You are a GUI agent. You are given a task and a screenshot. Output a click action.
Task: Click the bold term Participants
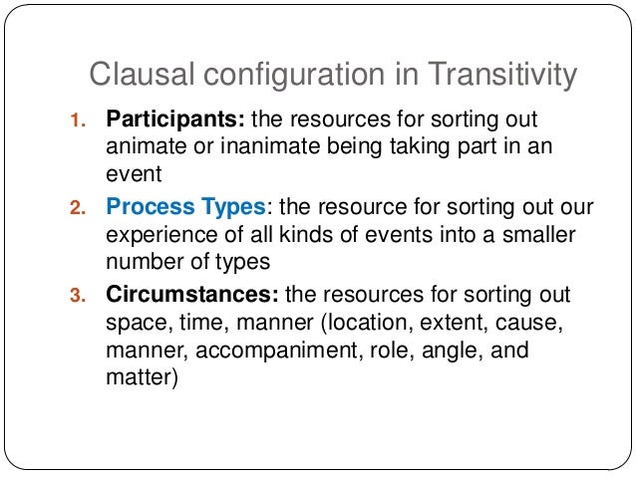[x=175, y=121]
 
